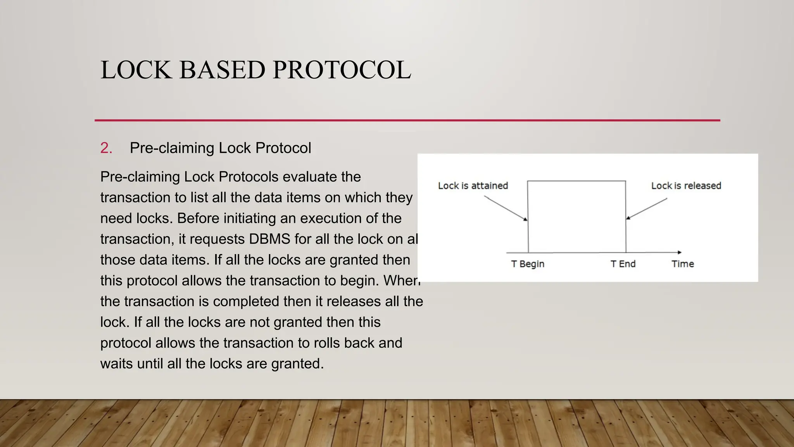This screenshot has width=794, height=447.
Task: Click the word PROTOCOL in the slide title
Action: (x=342, y=70)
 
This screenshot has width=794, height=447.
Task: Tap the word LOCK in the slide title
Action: (x=136, y=70)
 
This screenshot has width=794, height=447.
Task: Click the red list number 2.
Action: (x=106, y=148)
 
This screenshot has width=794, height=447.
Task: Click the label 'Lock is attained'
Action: (x=473, y=186)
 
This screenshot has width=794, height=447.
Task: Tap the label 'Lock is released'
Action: (x=686, y=186)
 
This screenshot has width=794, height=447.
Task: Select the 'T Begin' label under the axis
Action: (x=528, y=264)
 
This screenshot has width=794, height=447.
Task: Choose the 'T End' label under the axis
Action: (x=623, y=264)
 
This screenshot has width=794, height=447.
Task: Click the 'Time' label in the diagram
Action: (x=682, y=264)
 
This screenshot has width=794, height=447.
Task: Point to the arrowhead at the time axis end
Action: (x=679, y=253)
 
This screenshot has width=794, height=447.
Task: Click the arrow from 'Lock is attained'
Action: (x=506, y=208)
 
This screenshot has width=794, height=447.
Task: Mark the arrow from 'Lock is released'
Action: (x=647, y=209)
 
